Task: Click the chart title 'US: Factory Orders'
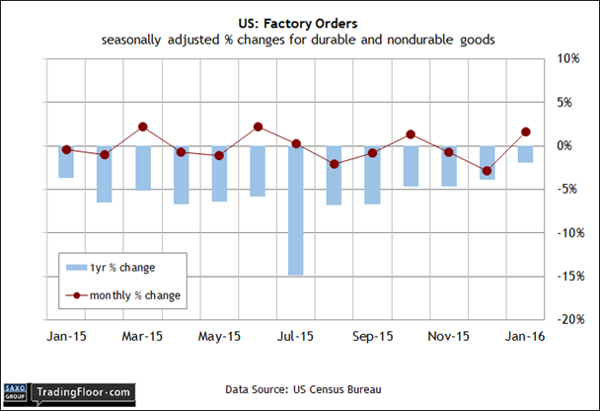point(300,21)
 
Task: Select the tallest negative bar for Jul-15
point(296,209)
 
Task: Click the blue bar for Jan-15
point(66,161)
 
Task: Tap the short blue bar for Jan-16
point(526,154)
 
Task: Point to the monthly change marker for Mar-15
point(142,126)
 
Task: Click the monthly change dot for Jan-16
point(526,131)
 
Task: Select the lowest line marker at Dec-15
point(487,171)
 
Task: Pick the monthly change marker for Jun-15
point(258,126)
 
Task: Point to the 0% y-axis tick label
point(566,145)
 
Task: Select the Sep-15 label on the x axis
point(372,336)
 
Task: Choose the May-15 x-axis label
point(219,336)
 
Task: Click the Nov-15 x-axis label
point(449,336)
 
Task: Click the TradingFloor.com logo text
point(83,392)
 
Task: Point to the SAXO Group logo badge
point(16,392)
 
